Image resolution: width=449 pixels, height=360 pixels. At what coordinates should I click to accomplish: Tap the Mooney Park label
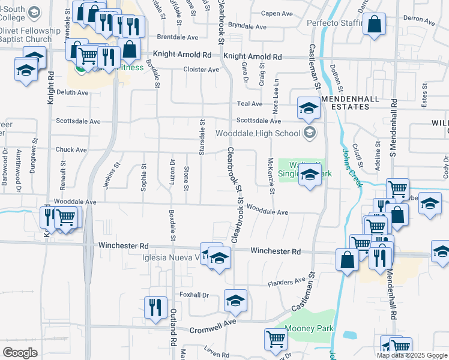click(309, 329)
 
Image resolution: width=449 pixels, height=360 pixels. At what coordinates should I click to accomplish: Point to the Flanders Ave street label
click(287, 281)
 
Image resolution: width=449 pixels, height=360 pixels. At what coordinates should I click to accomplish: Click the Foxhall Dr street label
click(194, 295)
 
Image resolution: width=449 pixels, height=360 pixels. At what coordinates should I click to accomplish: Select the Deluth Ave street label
click(73, 92)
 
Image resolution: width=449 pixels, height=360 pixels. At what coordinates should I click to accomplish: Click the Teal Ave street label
click(250, 103)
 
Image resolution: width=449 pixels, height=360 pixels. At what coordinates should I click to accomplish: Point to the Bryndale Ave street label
click(247, 27)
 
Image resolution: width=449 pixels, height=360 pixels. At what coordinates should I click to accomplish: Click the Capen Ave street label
click(276, 13)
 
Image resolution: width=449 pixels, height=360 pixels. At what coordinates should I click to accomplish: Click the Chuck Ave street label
click(71, 149)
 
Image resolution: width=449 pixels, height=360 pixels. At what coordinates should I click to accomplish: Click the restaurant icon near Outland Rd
click(155, 307)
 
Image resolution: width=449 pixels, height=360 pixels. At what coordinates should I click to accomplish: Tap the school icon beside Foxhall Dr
click(235, 299)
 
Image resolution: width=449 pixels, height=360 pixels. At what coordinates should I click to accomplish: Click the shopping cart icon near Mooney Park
click(276, 338)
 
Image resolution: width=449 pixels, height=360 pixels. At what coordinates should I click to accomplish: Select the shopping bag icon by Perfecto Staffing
click(374, 25)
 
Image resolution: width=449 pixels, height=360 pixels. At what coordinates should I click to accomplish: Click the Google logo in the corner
click(20, 353)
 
